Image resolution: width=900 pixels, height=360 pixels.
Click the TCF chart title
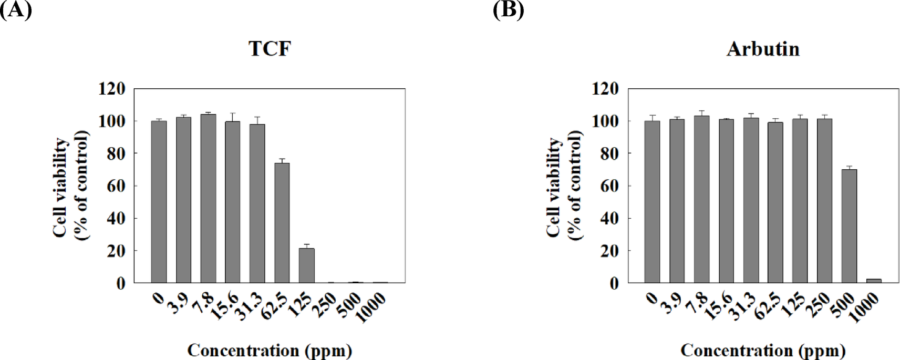[x=270, y=49]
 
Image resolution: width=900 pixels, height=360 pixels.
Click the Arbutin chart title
[x=763, y=49]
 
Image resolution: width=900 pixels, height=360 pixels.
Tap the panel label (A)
[x=16, y=9]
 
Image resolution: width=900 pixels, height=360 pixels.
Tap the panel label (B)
[x=508, y=9]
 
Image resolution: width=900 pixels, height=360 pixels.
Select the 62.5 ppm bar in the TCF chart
[x=282, y=223]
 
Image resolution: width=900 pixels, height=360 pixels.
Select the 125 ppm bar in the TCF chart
[x=306, y=265]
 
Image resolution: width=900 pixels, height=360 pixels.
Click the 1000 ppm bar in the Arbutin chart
[x=874, y=281]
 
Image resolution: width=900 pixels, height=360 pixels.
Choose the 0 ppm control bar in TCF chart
[x=159, y=202]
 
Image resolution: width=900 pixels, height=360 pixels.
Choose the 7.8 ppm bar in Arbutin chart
[x=701, y=199]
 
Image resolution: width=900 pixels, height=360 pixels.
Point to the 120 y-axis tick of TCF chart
[x=112, y=89]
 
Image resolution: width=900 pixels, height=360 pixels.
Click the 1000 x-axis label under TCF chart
[x=371, y=308]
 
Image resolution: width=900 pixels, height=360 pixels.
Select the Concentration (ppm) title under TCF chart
[x=270, y=351]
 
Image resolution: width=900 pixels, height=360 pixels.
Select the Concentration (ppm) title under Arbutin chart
[x=763, y=351]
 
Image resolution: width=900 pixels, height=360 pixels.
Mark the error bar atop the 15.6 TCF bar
[x=232, y=117]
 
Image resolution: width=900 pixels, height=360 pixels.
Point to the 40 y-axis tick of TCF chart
[x=116, y=219]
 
